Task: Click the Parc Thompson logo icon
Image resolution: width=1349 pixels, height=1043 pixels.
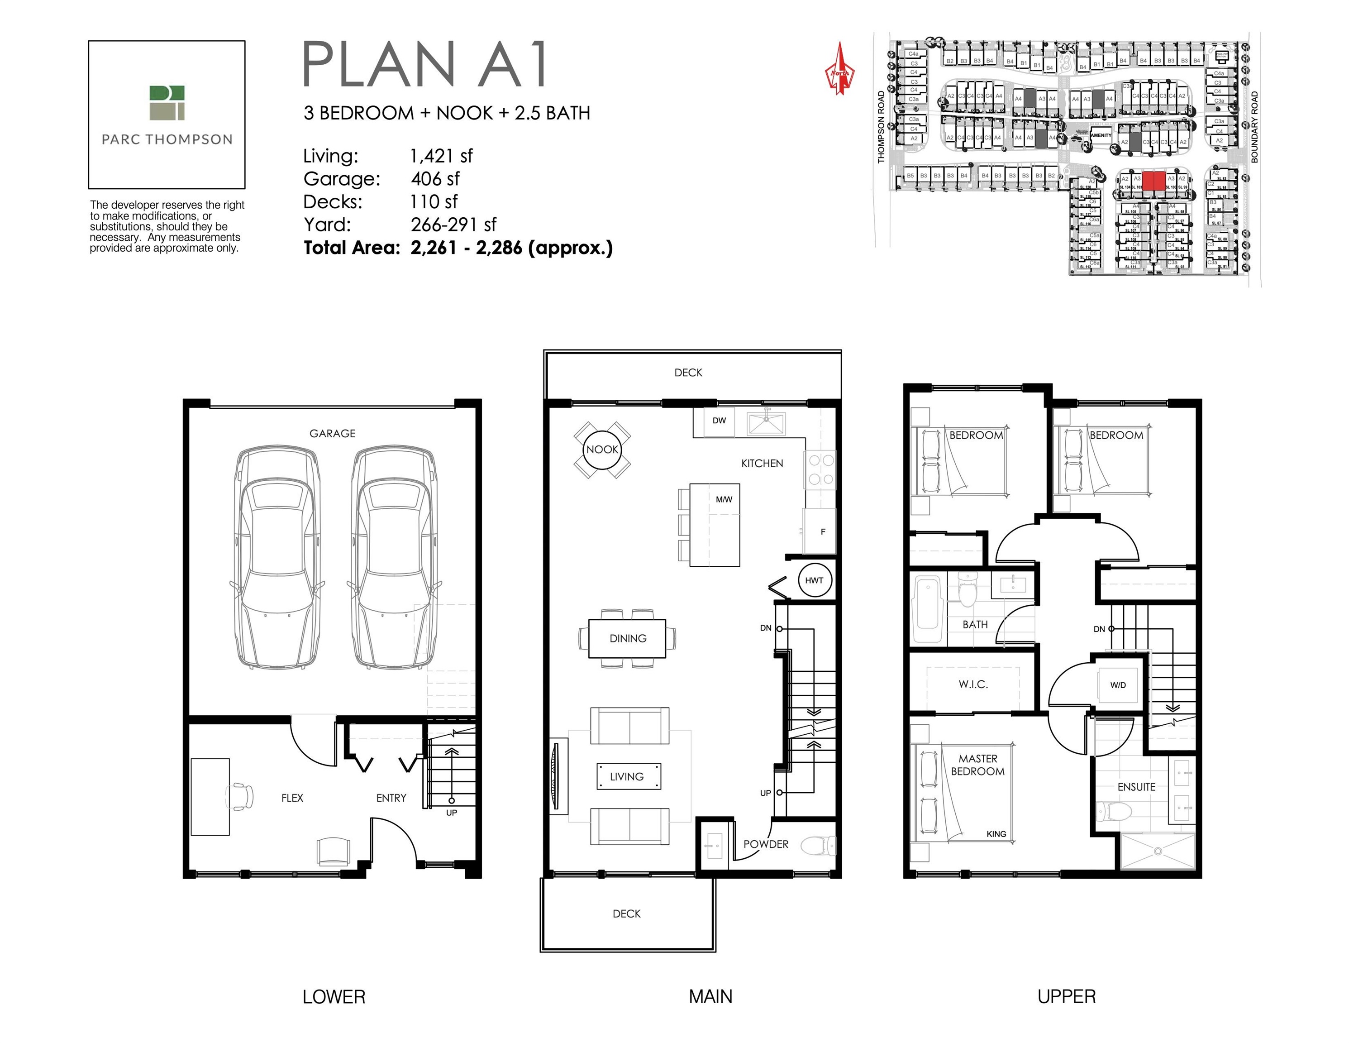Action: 167,103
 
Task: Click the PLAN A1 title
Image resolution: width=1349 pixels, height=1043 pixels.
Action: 425,64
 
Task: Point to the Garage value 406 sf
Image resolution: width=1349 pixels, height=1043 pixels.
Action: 435,178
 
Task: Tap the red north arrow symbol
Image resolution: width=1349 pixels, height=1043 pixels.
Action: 839,70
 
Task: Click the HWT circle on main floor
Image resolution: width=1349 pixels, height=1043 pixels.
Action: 814,580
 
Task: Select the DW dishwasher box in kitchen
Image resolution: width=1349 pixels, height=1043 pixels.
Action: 719,421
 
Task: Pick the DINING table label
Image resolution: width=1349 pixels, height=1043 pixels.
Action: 628,638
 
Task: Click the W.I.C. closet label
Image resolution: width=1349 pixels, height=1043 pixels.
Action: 973,684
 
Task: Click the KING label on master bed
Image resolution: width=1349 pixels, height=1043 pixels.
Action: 996,833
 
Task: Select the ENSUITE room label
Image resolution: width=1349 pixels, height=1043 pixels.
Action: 1136,787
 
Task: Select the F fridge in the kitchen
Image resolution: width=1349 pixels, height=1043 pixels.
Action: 821,531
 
